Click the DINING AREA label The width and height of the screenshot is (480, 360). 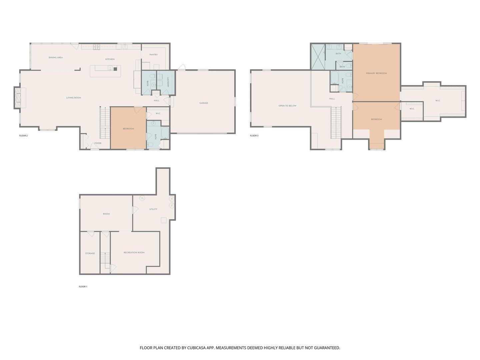pos(56,58)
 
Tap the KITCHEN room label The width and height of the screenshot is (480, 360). pos(110,59)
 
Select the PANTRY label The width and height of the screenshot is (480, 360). pos(153,55)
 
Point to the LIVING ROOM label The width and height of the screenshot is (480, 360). pos(73,98)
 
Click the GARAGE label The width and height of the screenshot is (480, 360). pos(204,103)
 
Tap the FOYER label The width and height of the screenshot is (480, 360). pos(98,143)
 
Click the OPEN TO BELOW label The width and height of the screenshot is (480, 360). pos(287,106)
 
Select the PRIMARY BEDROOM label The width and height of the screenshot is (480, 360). pos(376,73)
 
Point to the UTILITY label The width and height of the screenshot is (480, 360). pos(153,209)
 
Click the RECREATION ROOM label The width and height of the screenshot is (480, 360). pos(134,253)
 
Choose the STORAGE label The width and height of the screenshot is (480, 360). pos(90,253)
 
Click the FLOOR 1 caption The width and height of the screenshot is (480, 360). pos(83,287)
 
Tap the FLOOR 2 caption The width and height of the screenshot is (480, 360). pos(23,136)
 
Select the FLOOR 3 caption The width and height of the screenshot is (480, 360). pos(254,136)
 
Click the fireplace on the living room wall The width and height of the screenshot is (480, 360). pos(17,98)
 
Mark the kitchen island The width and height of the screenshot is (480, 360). pos(105,71)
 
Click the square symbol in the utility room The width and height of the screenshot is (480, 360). pos(163,220)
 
